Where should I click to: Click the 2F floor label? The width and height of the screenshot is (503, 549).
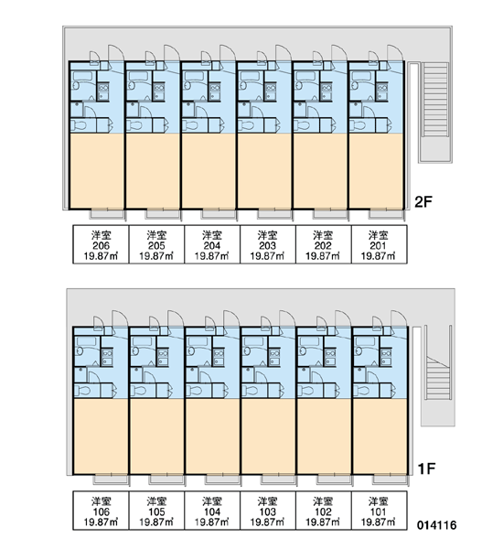point(423,201)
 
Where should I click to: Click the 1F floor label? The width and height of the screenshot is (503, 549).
point(427,468)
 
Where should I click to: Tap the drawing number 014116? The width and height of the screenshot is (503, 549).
point(437,525)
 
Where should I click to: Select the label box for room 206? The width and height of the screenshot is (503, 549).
point(101,244)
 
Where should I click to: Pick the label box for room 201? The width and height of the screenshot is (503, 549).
point(380,244)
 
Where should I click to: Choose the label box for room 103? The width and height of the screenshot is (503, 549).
point(268,511)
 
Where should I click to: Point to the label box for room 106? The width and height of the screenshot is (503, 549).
point(101,511)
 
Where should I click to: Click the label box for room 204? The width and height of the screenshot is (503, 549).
point(212,244)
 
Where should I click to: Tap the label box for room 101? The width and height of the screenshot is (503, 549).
point(380,511)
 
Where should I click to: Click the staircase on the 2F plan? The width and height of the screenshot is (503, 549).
point(435,112)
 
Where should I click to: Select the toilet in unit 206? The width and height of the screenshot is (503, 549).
point(79,125)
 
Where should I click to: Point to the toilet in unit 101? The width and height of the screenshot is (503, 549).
point(361,391)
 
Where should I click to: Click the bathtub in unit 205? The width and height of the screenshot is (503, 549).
point(137,76)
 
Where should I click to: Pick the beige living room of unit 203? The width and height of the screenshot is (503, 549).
point(264,171)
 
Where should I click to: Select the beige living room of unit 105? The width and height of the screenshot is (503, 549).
point(156,436)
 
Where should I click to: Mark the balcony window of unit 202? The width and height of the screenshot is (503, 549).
point(330,213)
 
